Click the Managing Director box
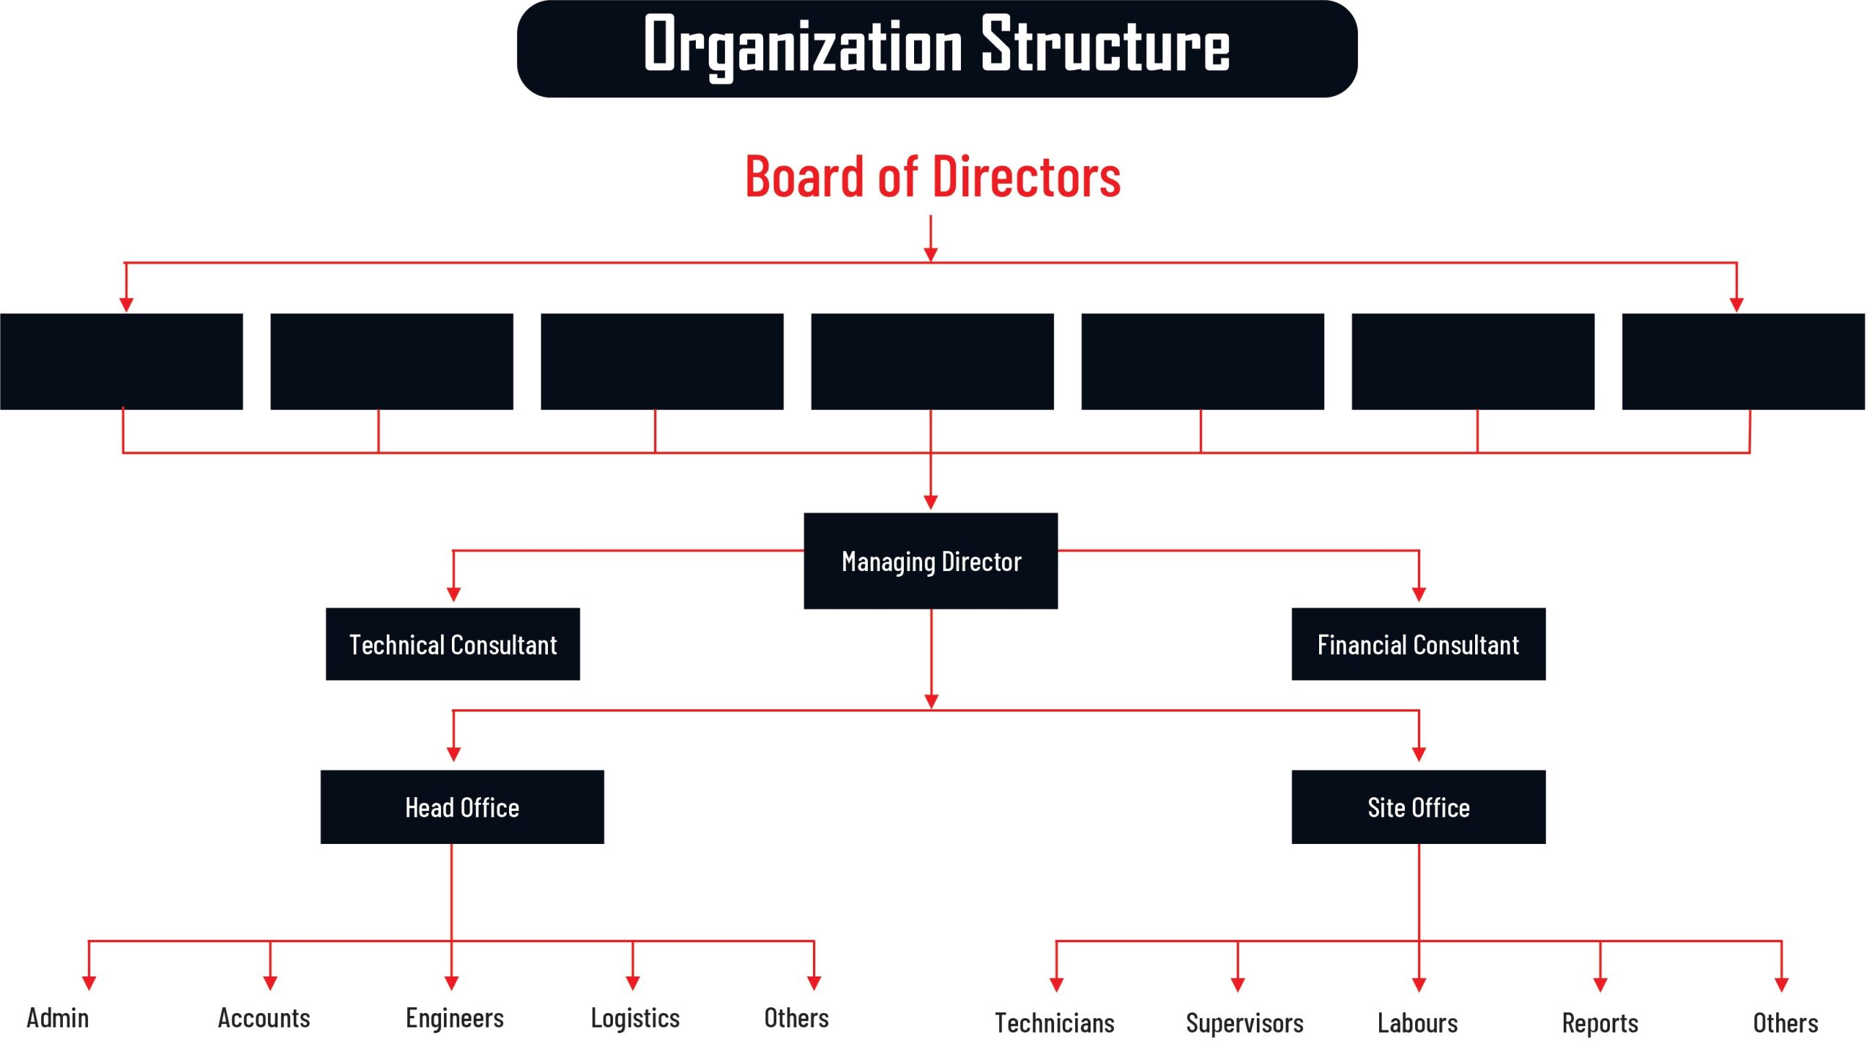click(x=930, y=561)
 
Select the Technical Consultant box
click(x=453, y=644)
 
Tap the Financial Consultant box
click(x=1418, y=644)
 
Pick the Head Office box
click(x=462, y=807)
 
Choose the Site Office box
click(x=1418, y=807)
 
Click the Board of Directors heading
click(x=932, y=176)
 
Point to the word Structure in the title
click(x=1105, y=45)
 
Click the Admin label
click(x=58, y=1017)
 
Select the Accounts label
click(x=264, y=1017)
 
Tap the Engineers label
click(x=455, y=1017)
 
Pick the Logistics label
click(x=635, y=1017)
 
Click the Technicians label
click(x=1054, y=1023)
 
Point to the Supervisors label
click(x=1244, y=1023)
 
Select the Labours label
click(x=1417, y=1023)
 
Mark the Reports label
click(x=1600, y=1023)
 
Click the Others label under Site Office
click(x=1785, y=1023)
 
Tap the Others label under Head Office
click(x=796, y=1017)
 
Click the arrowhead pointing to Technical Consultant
click(x=453, y=594)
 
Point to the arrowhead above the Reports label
click(x=1600, y=985)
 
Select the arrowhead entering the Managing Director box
click(x=931, y=502)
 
